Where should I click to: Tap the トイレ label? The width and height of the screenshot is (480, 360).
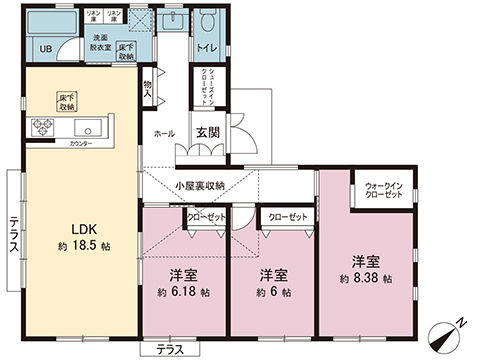208,47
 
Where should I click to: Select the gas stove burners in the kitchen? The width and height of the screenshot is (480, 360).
44,128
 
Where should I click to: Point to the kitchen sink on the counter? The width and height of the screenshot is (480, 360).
84,128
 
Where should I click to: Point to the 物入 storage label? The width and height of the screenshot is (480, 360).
147,89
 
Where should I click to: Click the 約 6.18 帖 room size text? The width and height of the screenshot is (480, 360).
182,292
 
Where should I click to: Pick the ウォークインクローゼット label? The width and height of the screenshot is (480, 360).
384,190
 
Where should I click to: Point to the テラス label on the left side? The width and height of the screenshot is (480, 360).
15,237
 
